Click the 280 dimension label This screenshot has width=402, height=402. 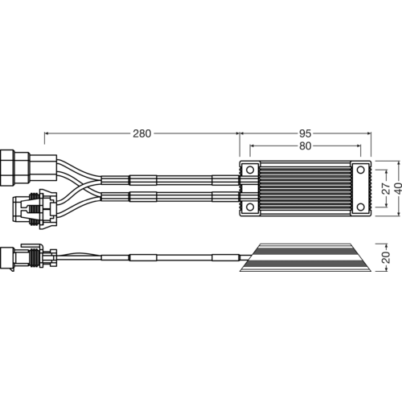tap(142, 133)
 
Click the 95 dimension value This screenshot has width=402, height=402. tap(306, 133)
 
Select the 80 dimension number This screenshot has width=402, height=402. tap(306, 146)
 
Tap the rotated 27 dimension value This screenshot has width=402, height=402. tap(386, 188)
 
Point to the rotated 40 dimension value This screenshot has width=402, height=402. tap(398, 188)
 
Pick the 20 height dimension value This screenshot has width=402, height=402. tap(386, 257)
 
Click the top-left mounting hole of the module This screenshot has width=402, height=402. tap(250, 170)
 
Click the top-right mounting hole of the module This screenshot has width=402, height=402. tap(361, 170)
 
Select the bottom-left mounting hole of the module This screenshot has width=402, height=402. tap(250, 207)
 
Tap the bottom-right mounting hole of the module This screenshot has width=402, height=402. tap(361, 207)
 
